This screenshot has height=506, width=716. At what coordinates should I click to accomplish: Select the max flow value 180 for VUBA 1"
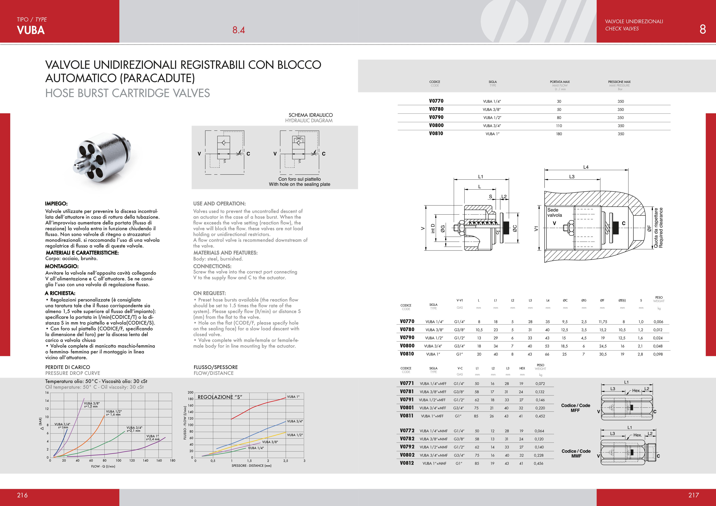click(x=559, y=134)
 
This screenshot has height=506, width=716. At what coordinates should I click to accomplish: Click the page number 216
click(x=23, y=495)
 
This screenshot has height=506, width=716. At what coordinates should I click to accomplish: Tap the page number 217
click(x=693, y=495)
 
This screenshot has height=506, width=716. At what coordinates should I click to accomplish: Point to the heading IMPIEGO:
click(x=56, y=204)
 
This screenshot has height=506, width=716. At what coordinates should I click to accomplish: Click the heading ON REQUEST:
click(x=209, y=293)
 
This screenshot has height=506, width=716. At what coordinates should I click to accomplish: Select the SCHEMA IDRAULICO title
click(x=311, y=115)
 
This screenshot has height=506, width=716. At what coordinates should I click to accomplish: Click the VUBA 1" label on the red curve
click(x=293, y=397)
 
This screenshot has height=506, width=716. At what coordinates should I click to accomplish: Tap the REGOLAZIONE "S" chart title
click(x=220, y=397)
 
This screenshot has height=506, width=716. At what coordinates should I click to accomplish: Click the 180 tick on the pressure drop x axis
click(x=172, y=461)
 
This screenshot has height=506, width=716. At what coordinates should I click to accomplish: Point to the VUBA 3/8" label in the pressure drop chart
click(x=92, y=403)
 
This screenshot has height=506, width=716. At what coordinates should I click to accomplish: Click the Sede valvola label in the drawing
click(x=554, y=212)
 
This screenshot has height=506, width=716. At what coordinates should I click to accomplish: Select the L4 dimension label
click(x=586, y=167)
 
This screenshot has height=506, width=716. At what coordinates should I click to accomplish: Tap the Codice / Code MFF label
click(x=575, y=408)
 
